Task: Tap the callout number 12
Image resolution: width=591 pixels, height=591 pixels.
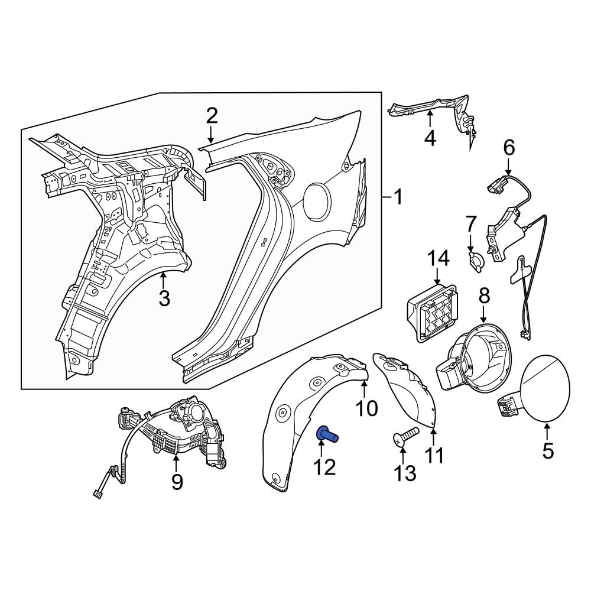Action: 324,467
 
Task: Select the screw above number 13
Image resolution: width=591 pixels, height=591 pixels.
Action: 405,437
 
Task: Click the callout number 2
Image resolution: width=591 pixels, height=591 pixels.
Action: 212,115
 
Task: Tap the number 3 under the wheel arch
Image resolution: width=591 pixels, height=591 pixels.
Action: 164,298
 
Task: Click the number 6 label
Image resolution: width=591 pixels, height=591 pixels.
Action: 509,147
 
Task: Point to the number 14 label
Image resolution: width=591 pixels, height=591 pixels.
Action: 439,258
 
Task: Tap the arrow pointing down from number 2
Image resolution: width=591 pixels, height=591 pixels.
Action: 212,135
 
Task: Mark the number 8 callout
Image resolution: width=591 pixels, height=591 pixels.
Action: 484,294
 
